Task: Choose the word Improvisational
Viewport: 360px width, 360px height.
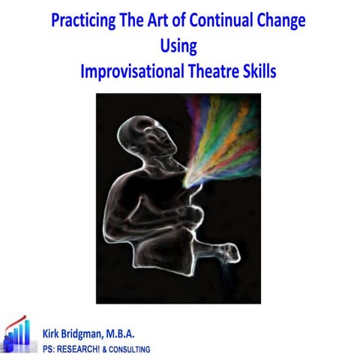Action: (x=138, y=73)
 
